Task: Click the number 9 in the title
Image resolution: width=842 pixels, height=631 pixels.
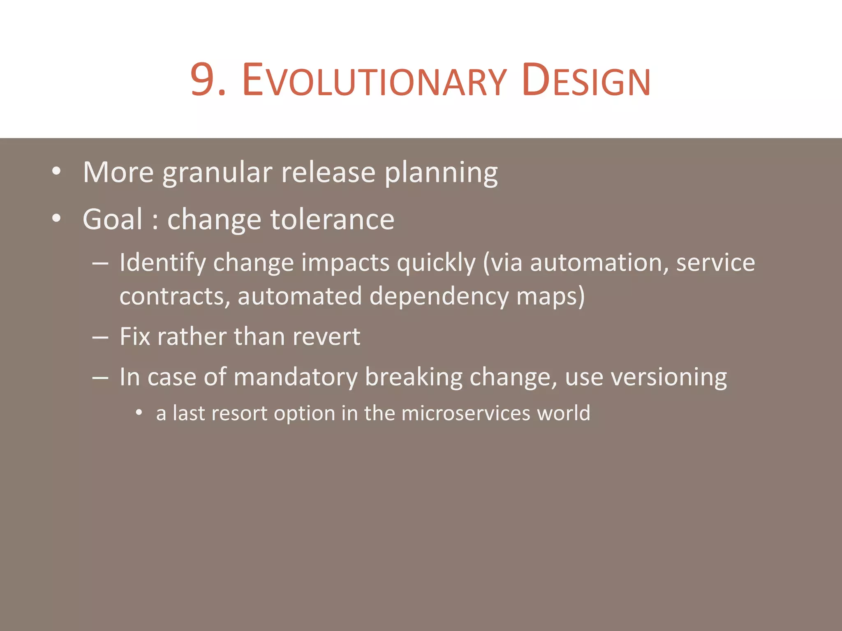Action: click(x=203, y=80)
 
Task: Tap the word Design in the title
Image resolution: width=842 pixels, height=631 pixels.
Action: click(x=586, y=81)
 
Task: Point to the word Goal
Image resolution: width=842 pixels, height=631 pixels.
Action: click(x=113, y=219)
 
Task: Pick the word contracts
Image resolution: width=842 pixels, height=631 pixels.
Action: click(x=174, y=297)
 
